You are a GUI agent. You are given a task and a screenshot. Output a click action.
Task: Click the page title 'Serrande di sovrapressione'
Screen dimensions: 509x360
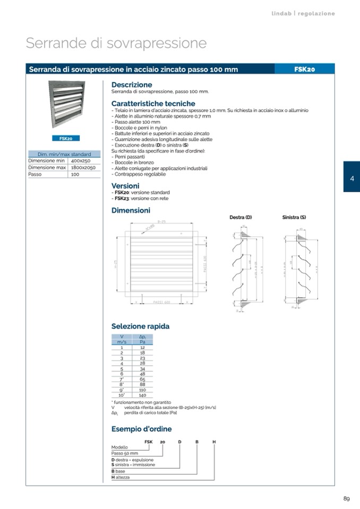click(116, 43)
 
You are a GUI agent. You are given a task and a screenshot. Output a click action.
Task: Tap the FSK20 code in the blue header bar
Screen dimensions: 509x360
click(305, 69)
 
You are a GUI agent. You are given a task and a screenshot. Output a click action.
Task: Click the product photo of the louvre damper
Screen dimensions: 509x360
click(66, 105)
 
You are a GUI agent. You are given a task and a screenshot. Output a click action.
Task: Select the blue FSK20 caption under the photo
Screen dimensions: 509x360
click(66, 139)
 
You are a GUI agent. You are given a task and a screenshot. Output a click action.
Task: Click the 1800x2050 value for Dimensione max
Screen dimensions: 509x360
click(83, 167)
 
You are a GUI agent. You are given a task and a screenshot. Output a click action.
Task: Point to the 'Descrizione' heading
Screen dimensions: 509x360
click(132, 84)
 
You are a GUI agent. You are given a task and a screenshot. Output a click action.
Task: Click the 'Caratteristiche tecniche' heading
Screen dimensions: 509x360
click(153, 103)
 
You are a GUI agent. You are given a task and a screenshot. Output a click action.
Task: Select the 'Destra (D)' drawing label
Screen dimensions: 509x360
click(240, 218)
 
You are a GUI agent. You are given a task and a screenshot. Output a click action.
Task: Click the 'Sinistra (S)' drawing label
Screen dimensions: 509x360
click(294, 218)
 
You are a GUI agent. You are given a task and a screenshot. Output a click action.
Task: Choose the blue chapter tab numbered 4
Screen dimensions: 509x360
click(352, 178)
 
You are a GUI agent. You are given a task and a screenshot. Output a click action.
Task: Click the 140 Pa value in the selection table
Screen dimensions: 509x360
click(142, 395)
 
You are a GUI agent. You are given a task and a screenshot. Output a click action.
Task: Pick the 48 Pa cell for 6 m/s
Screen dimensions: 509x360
click(142, 374)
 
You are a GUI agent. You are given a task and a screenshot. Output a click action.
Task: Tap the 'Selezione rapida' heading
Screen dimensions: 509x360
click(140, 326)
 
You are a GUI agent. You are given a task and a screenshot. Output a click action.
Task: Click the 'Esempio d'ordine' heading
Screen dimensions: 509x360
click(141, 429)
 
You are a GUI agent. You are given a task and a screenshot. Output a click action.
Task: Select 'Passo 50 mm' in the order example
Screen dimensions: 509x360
click(125, 453)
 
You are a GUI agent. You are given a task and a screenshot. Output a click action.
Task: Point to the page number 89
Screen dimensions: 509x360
click(346, 498)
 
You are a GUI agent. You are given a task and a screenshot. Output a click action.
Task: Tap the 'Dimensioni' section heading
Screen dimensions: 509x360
click(131, 210)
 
